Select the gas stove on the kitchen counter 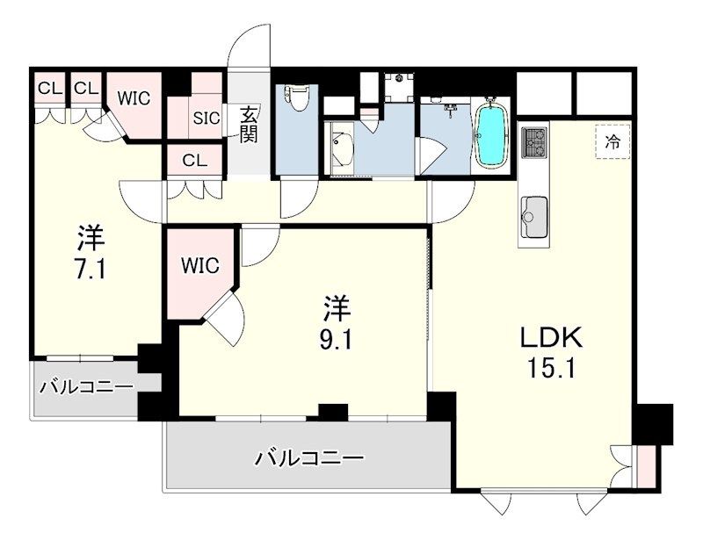pos(534,140)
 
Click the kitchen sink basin pos(533,212)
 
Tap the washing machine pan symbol pos(401,85)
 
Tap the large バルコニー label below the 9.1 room pos(309,457)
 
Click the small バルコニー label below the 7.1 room pos(85,387)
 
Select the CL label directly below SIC pos(195,160)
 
